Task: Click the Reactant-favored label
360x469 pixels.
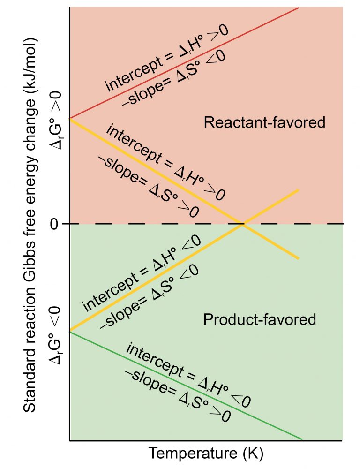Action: coord(264,123)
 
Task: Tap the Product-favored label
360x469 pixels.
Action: coord(260,320)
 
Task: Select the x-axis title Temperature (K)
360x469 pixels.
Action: coord(206,454)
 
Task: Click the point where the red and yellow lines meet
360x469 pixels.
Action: coord(70,119)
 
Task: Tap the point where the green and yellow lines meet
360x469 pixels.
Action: coord(70,332)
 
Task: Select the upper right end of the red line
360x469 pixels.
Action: coord(298,8)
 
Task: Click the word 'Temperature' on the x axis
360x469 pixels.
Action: coord(193,454)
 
